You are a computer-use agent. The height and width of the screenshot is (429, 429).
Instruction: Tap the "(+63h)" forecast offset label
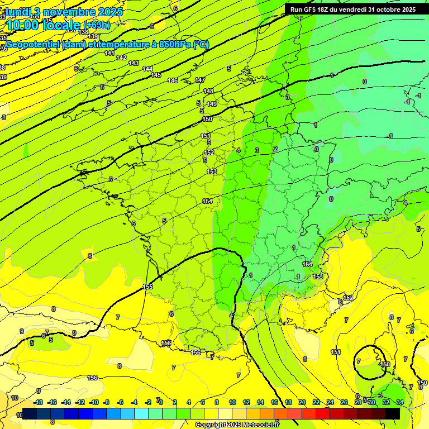(x=97, y=25)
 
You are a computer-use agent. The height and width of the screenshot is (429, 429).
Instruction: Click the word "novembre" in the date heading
(x=69, y=12)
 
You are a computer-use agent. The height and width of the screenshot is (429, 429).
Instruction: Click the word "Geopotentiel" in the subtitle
(x=33, y=45)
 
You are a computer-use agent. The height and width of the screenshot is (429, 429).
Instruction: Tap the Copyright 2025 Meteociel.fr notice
(x=236, y=425)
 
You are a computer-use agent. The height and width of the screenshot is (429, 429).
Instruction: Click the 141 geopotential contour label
(x=109, y=53)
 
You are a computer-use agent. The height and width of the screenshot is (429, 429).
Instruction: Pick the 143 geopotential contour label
(x=134, y=63)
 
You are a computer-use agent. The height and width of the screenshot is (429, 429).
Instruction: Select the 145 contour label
(x=156, y=75)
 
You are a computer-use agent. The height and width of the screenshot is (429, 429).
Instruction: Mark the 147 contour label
(x=200, y=80)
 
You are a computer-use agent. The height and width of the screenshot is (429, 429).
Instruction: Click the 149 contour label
(x=212, y=104)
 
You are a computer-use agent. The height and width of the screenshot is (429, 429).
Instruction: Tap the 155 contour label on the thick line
(x=147, y=287)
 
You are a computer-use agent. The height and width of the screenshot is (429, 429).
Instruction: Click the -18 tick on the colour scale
(x=38, y=402)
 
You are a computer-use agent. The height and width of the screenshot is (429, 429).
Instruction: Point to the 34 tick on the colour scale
(x=399, y=402)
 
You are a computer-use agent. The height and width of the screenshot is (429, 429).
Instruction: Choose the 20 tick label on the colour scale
(x=302, y=402)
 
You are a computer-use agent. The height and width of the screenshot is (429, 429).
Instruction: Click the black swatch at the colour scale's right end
(x=393, y=413)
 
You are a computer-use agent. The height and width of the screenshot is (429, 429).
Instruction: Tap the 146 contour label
(x=173, y=81)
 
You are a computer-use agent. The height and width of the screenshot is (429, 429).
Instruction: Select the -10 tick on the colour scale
(x=94, y=402)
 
